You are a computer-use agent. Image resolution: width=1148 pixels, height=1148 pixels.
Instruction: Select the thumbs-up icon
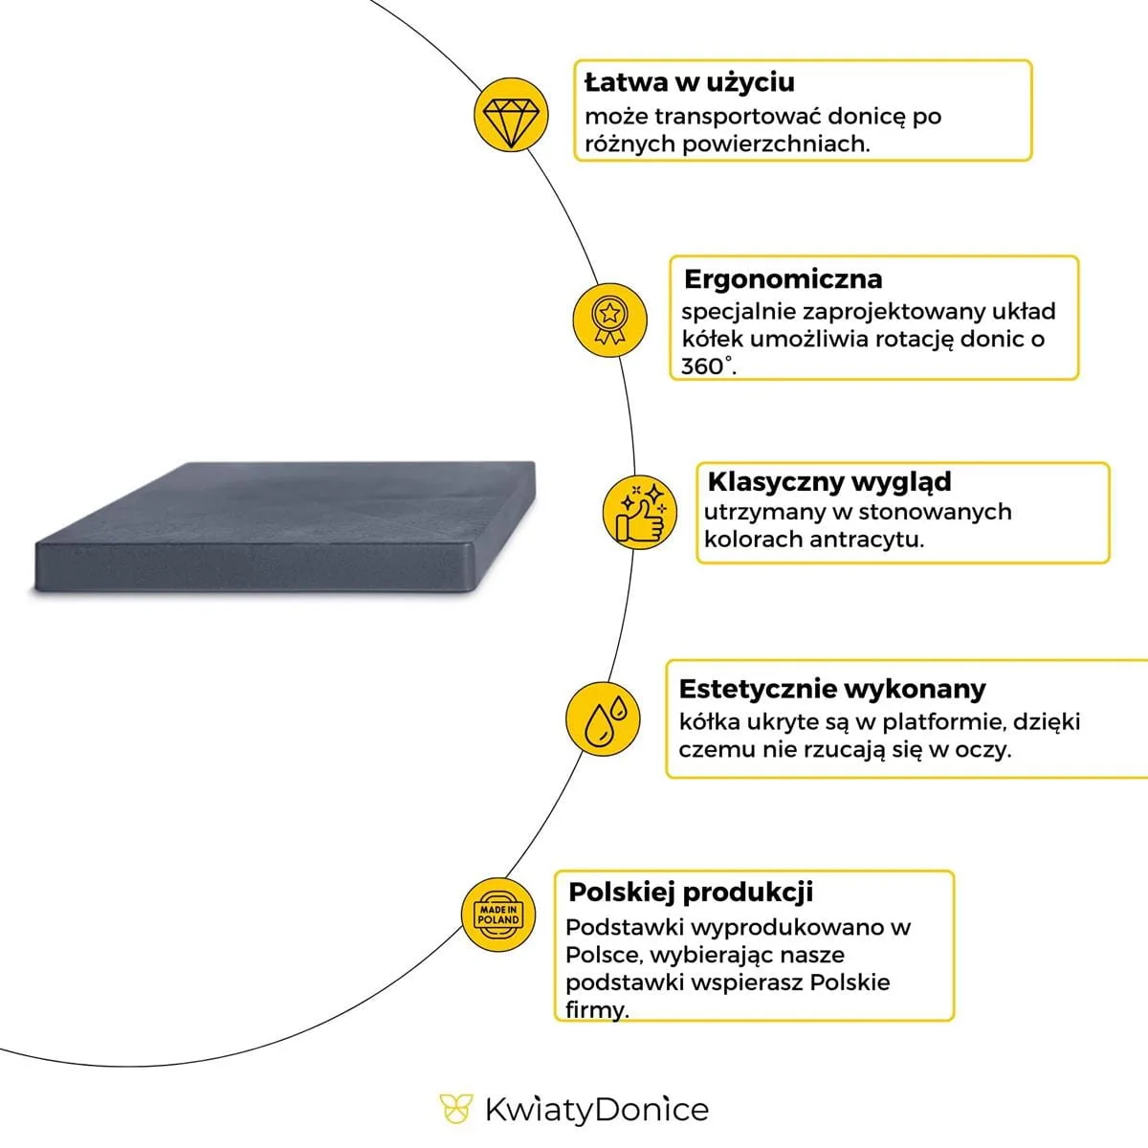coord(638,513)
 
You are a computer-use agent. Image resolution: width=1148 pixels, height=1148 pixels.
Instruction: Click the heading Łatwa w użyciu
coord(689,82)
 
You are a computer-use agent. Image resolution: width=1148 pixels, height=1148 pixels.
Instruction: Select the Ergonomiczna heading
coord(783,279)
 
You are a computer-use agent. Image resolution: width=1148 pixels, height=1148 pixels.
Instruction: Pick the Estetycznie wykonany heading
coord(831,689)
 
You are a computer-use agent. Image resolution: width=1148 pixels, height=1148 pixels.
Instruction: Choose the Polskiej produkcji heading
coord(691,893)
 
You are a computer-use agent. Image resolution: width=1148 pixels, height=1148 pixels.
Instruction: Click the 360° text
coord(708,365)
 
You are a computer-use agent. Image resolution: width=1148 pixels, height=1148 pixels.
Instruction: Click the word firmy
coord(596,1009)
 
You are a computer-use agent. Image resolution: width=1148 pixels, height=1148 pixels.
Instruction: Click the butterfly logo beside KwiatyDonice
coord(456,1109)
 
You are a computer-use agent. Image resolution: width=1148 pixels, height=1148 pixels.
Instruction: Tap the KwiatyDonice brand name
coord(596,1110)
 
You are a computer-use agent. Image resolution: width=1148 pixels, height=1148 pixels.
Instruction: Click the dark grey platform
coord(287,531)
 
